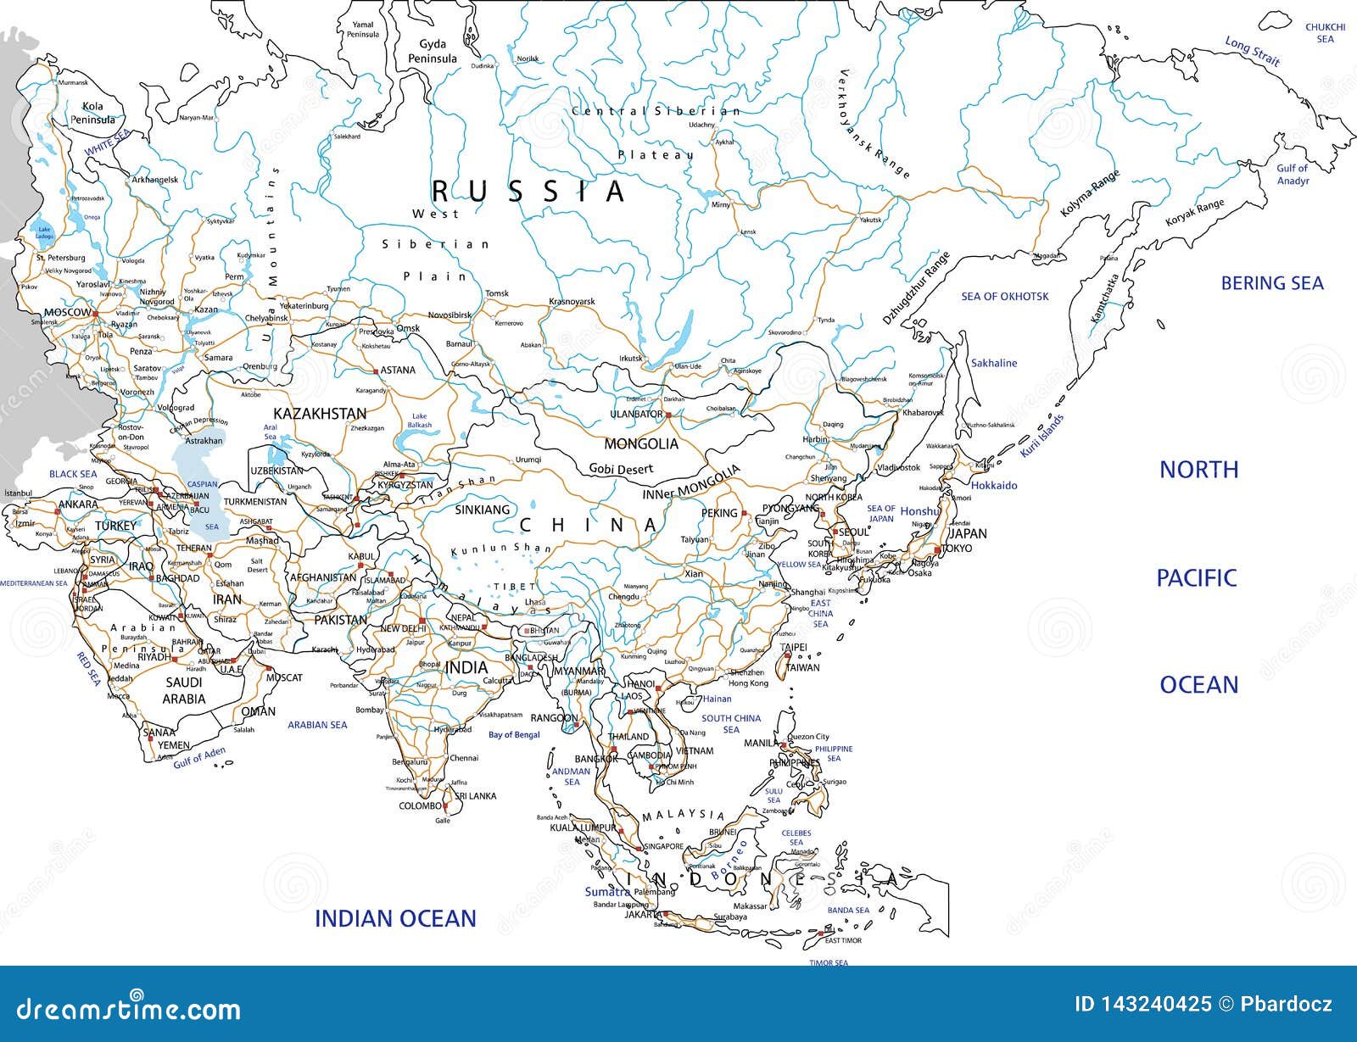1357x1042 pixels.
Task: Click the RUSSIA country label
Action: [x=528, y=192]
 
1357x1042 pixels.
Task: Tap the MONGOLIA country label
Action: [x=640, y=444]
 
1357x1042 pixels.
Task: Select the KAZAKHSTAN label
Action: [x=320, y=414]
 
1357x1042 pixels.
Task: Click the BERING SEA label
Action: [x=1271, y=284]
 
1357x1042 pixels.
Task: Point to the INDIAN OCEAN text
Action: [x=395, y=918]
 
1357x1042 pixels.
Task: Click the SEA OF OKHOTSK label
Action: [x=1004, y=297]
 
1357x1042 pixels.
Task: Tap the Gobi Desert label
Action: [x=622, y=470]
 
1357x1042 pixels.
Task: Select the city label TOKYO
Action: [x=956, y=549]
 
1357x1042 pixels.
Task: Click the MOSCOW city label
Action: [x=67, y=313]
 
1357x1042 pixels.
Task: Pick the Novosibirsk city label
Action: [x=449, y=315]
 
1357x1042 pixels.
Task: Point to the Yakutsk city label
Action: [x=870, y=220]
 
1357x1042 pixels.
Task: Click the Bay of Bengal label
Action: [x=514, y=735]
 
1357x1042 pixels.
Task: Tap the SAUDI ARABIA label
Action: [x=184, y=691]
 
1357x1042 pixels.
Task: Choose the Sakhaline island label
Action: [x=993, y=363]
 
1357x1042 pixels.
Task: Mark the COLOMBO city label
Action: [x=420, y=806]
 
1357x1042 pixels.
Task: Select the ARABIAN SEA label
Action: [x=317, y=725]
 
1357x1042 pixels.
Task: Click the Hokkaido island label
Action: [x=993, y=486]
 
